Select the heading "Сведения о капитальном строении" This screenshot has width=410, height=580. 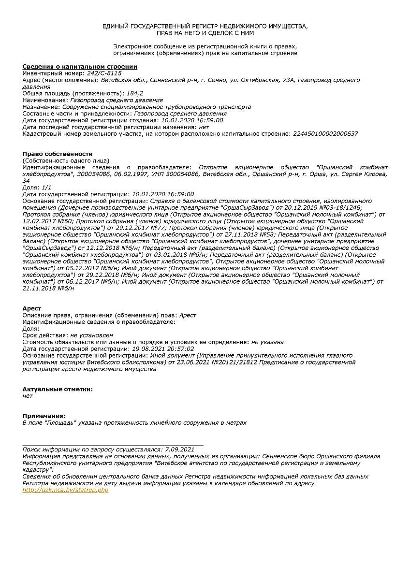(80, 66)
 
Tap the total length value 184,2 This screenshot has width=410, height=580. (135, 93)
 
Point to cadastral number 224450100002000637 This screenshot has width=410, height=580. (325, 133)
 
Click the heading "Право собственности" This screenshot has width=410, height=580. (58, 154)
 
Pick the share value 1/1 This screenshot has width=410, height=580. (46, 187)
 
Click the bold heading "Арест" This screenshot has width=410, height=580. (32, 308)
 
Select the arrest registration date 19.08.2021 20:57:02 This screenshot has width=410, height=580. (163, 348)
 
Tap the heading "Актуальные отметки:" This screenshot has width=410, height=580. (58, 389)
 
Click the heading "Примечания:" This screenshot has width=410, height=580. (44, 416)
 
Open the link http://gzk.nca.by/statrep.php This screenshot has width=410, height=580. (66, 490)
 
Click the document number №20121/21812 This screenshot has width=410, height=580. (234, 362)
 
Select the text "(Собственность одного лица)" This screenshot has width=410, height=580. (66, 160)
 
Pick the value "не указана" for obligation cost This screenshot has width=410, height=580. (267, 342)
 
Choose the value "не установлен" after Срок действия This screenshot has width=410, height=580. (91, 335)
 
